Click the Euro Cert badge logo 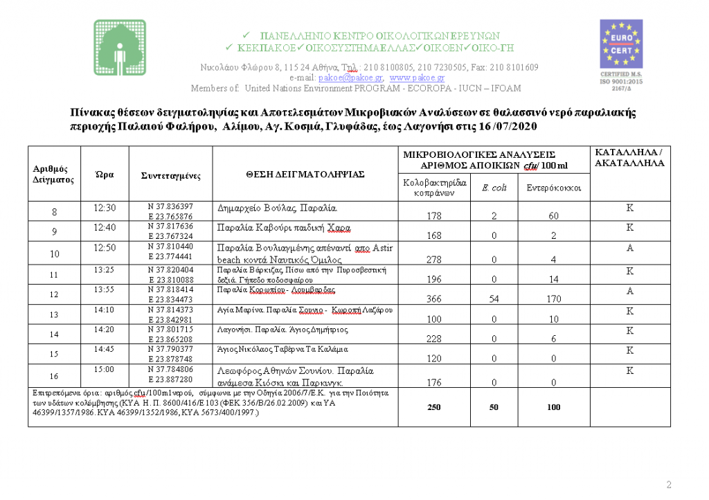pyautogui.click(x=620, y=43)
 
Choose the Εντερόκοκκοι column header pyautogui.click(x=553, y=188)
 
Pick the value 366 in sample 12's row pyautogui.click(x=434, y=301)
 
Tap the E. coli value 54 pyautogui.click(x=494, y=301)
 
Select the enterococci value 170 pyautogui.click(x=553, y=301)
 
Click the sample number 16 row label pyautogui.click(x=55, y=375)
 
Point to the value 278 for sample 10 pyautogui.click(x=434, y=260)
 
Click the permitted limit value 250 pyautogui.click(x=433, y=407)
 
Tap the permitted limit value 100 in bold pyautogui.click(x=553, y=407)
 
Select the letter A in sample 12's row pyautogui.click(x=630, y=291)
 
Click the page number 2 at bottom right pyautogui.click(x=669, y=484)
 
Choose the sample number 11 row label pyautogui.click(x=55, y=275)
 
